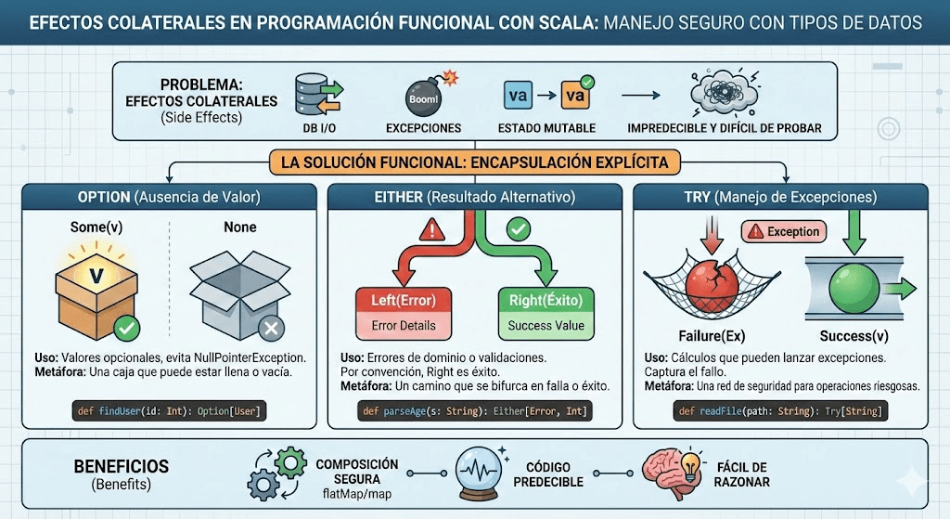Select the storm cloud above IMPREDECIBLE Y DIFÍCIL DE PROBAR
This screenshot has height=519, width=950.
point(725,95)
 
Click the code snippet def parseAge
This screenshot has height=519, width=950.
point(474,410)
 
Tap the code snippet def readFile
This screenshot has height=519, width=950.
point(779,410)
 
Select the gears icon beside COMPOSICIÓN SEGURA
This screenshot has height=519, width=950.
point(276,474)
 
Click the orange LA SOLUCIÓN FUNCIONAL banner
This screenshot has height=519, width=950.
point(474,162)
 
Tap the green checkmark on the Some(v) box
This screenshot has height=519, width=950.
point(126,327)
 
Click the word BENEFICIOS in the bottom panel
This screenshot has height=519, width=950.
point(121,466)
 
